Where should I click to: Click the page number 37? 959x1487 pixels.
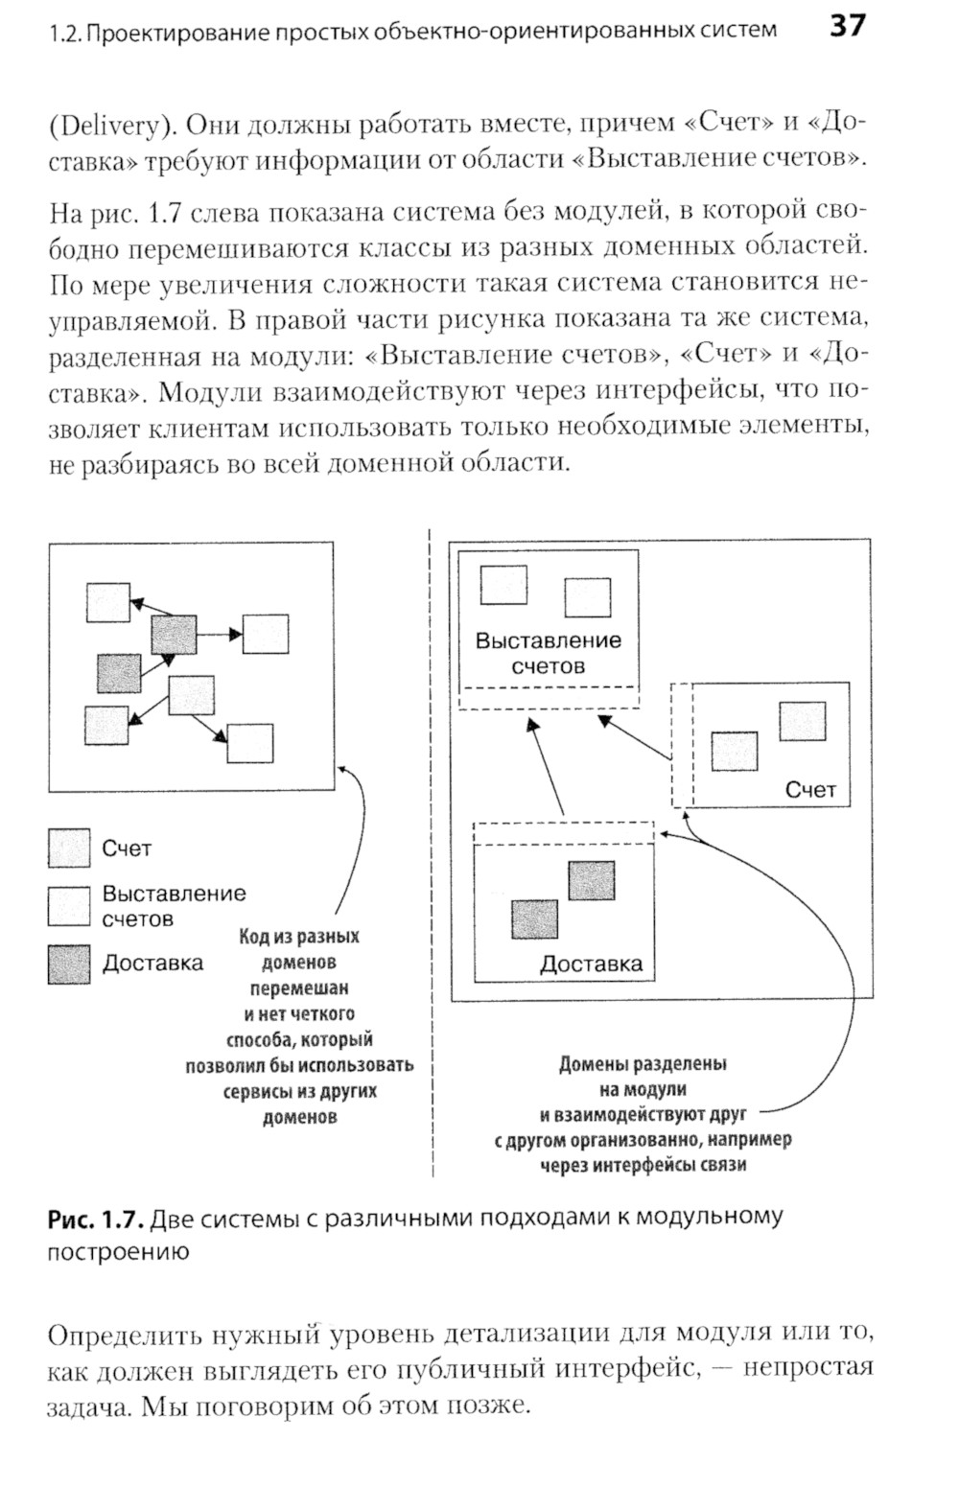pyautogui.click(x=847, y=26)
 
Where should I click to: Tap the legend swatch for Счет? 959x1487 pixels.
pyautogui.click(x=69, y=848)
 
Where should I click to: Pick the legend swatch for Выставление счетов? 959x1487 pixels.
pyautogui.click(x=69, y=906)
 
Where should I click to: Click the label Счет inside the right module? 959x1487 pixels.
pyautogui.click(x=810, y=790)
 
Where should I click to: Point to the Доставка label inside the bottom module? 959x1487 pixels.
pyautogui.click(x=591, y=964)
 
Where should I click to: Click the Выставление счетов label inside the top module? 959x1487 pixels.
pyautogui.click(x=549, y=653)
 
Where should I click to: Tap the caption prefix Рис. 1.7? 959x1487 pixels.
pyautogui.click(x=95, y=1218)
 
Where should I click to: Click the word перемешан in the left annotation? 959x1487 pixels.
pyautogui.click(x=299, y=987)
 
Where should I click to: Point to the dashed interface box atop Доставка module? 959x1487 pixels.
pyautogui.click(x=564, y=833)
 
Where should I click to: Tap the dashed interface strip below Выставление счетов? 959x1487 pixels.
pyautogui.click(x=549, y=698)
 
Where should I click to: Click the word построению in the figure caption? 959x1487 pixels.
pyautogui.click(x=118, y=1251)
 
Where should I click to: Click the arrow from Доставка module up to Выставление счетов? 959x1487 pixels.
pyautogui.click(x=546, y=767)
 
